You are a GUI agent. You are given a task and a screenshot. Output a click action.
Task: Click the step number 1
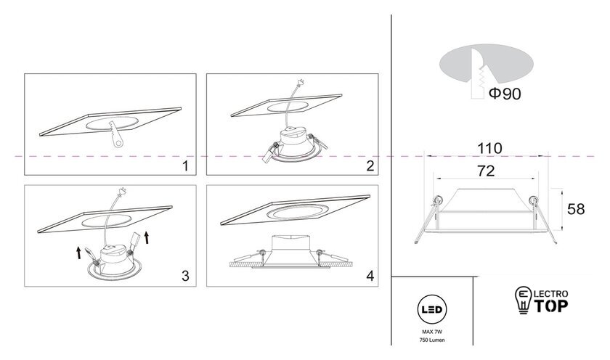pyautogui.click(x=186, y=166)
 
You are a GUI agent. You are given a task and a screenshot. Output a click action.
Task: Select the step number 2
pyautogui.click(x=370, y=166)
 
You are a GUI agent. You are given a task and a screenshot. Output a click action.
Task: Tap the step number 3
pyautogui.click(x=186, y=276)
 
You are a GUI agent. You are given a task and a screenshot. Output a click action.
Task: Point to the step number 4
pyautogui.click(x=370, y=276)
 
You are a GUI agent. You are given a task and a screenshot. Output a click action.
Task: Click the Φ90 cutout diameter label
pyautogui.click(x=505, y=94)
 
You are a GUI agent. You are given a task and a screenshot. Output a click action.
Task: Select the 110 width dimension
pyautogui.click(x=489, y=149)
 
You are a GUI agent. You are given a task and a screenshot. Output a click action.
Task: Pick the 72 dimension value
pyautogui.click(x=486, y=171)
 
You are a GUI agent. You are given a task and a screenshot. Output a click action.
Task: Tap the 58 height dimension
pyautogui.click(x=576, y=209)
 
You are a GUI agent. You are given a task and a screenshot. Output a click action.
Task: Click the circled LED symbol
pyautogui.click(x=432, y=309)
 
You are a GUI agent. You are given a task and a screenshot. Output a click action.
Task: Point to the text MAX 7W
pyautogui.click(x=432, y=332)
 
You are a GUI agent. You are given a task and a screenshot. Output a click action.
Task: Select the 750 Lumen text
pyautogui.click(x=432, y=340)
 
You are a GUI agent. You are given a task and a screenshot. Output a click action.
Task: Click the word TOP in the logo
pyautogui.click(x=551, y=306)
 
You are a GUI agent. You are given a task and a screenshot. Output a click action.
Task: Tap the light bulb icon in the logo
pyautogui.click(x=524, y=300)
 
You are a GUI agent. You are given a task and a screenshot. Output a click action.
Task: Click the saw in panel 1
pyautogui.click(x=115, y=134)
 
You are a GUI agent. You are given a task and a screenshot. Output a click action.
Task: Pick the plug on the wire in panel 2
pyautogui.click(x=301, y=83)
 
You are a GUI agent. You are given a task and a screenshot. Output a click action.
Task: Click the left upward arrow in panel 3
pyautogui.click(x=78, y=253)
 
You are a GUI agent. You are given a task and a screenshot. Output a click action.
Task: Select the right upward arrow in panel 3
pyautogui.click(x=147, y=237)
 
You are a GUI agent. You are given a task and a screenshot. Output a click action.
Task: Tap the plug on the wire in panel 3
pyautogui.click(x=122, y=191)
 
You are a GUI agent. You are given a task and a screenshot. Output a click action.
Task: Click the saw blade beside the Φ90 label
pyautogui.click(x=478, y=74)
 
